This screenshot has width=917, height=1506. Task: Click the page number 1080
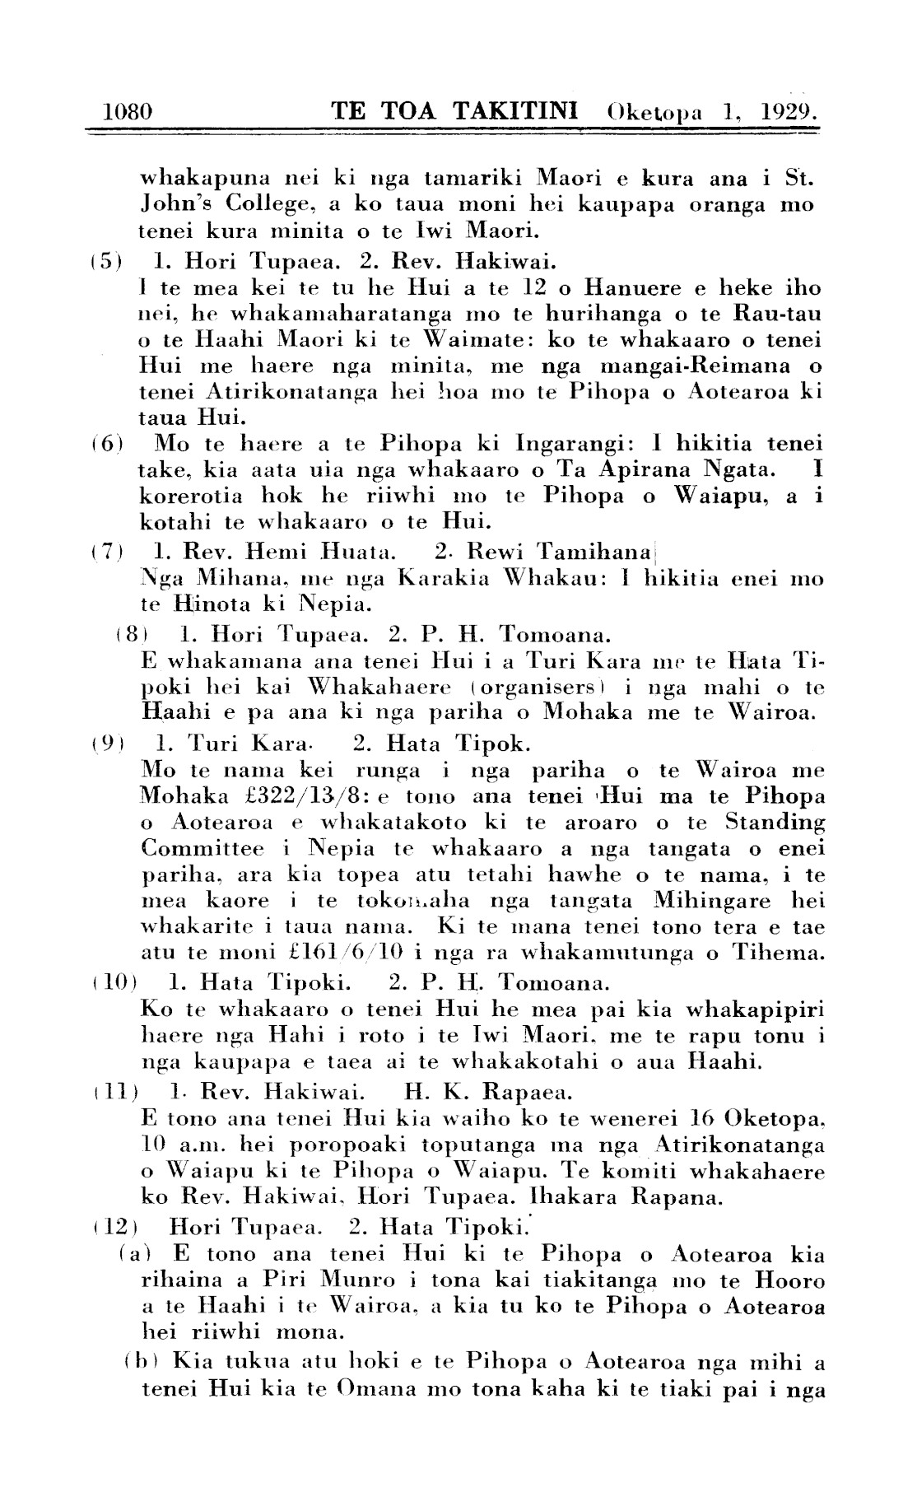point(128,111)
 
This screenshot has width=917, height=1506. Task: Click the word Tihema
point(772,954)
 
